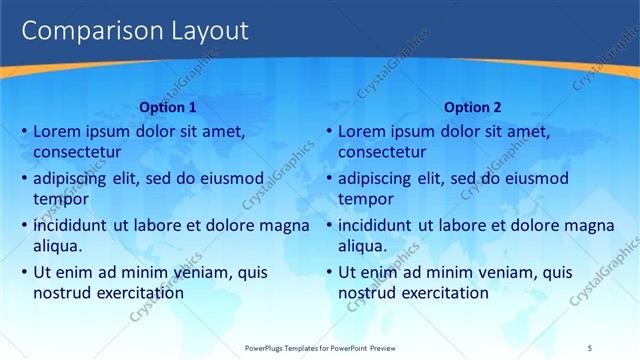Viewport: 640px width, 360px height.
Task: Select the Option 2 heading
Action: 473,107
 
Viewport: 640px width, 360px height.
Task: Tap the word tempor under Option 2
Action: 366,200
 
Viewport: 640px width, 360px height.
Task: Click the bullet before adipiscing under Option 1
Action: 23,179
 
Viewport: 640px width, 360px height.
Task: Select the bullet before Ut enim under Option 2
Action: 328,272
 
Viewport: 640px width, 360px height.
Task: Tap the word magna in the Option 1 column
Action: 284,225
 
